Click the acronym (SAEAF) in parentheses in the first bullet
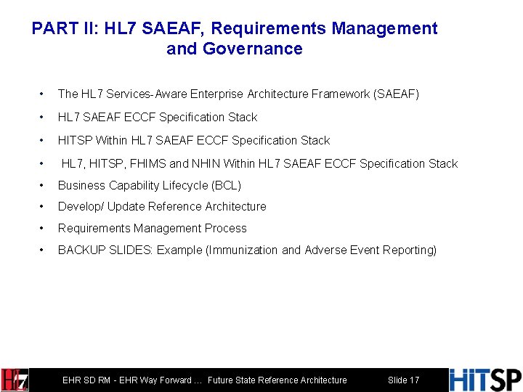[395, 94]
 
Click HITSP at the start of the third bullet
[74, 140]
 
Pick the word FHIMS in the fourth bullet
[150, 163]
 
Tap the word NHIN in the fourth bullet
[207, 163]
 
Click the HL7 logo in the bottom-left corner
[15, 380]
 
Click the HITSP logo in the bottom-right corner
[485, 380]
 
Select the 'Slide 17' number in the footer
[403, 380]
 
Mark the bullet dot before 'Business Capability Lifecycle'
[44, 185]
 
